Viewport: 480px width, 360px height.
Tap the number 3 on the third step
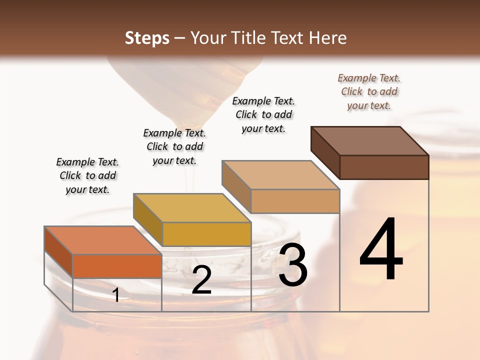click(293, 265)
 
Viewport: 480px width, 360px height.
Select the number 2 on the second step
click(202, 280)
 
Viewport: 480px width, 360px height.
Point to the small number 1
click(116, 295)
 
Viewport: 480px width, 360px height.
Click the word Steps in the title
click(147, 38)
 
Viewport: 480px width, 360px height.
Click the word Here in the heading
click(329, 38)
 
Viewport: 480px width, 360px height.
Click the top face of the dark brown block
click(370, 140)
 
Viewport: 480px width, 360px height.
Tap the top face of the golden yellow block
click(192, 208)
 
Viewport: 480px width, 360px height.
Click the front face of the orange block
click(117, 266)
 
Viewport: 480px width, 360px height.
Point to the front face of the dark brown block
click(384, 167)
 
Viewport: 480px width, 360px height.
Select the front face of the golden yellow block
click(206, 234)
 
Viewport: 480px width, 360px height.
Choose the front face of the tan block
click(295, 201)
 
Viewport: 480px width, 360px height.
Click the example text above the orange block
click(87, 175)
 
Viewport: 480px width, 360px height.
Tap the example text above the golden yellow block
click(174, 146)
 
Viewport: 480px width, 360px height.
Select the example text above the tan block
click(263, 114)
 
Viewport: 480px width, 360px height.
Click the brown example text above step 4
click(369, 91)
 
